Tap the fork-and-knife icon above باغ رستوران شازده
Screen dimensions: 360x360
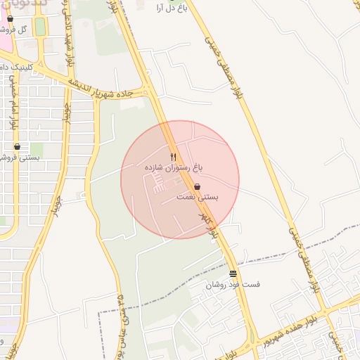pos(174,156)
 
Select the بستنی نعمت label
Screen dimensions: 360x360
pos(198,198)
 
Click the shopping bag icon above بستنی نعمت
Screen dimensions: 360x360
pos(198,186)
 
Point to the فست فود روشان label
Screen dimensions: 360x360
pos(233,285)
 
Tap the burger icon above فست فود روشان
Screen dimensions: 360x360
pos(233,274)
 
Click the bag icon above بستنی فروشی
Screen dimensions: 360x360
pos(17,147)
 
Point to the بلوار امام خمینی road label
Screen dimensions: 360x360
pos(13,109)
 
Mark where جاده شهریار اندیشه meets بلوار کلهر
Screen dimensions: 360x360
pos(149,91)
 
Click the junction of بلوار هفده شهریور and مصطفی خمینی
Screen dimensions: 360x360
pos(325,309)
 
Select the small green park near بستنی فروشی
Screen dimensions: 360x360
pos(36,150)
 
